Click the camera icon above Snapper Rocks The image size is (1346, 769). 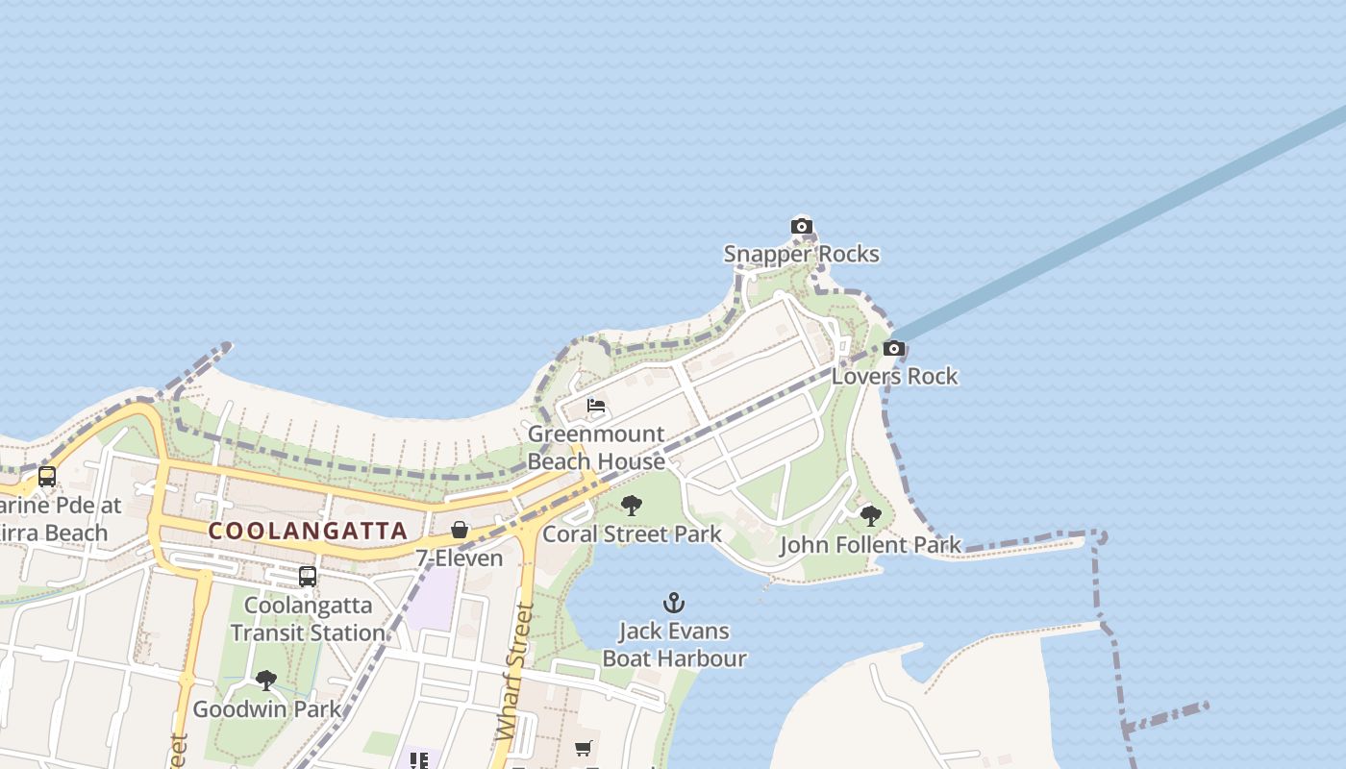(801, 227)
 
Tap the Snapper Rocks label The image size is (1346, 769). (801, 254)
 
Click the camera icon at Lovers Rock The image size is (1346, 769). (894, 349)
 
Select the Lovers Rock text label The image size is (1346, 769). (894, 376)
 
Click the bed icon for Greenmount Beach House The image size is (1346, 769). (596, 406)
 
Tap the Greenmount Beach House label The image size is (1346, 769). (596, 448)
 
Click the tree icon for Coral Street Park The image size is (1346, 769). (632, 506)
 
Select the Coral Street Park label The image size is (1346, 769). (632, 533)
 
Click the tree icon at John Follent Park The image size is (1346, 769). (870, 516)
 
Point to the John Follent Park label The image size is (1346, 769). (870, 545)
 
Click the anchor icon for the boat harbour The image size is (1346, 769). (674, 603)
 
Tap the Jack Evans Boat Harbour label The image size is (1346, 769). (674, 645)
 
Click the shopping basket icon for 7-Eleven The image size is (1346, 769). (460, 530)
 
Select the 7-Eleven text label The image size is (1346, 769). (460, 558)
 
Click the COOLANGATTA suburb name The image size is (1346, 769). (308, 531)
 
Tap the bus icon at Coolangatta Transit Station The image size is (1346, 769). (308, 577)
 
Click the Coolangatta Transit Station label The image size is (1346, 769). (308, 619)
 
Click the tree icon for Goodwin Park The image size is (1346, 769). (266, 681)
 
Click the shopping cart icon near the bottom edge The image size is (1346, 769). (584, 748)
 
